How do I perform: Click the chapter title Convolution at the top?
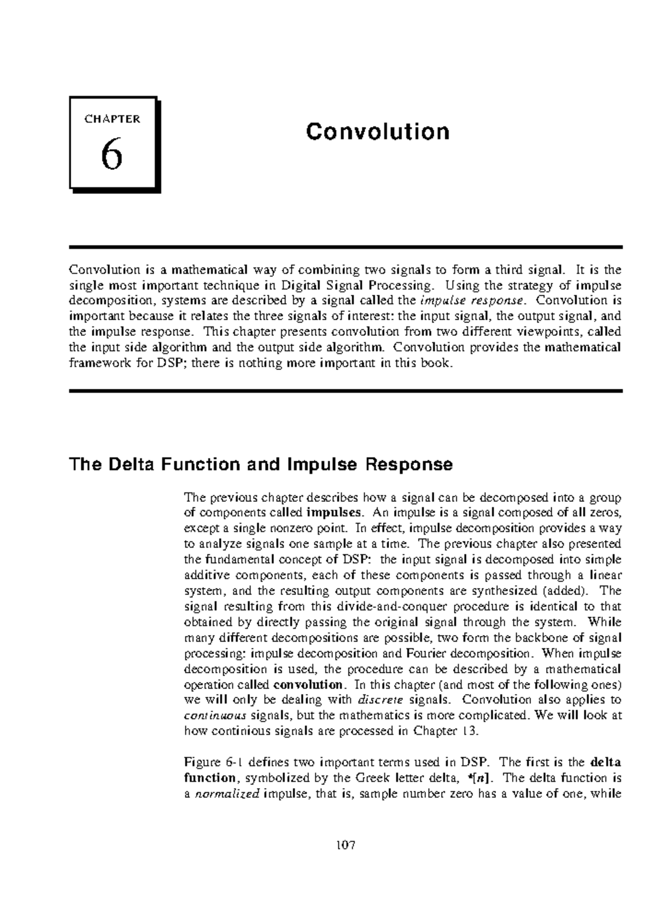[377, 132]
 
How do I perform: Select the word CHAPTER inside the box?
[112, 119]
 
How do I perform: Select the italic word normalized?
[227, 794]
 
